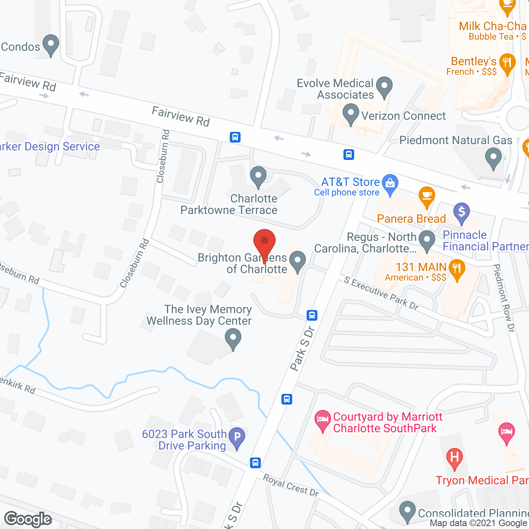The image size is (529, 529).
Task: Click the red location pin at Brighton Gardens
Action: (264, 242)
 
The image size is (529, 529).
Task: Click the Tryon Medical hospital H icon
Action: (454, 458)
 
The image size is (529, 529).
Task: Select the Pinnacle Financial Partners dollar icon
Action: (462, 212)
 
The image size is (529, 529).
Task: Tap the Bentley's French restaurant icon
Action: (507, 63)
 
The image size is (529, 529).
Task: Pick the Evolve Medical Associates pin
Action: (384, 87)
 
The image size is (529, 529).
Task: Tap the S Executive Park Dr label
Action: (381, 293)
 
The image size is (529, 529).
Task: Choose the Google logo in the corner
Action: (28, 519)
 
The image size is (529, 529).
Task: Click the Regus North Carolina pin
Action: (427, 240)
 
